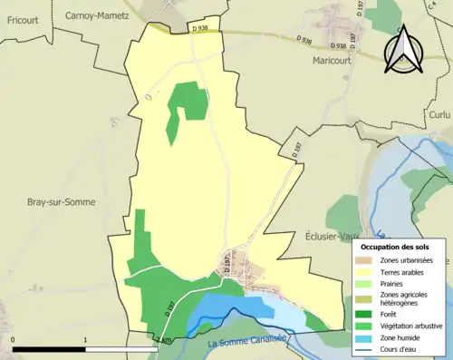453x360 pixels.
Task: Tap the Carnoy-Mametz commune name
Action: (97, 15)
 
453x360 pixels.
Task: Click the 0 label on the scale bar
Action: (14, 340)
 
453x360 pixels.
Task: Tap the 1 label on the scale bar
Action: (84, 340)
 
